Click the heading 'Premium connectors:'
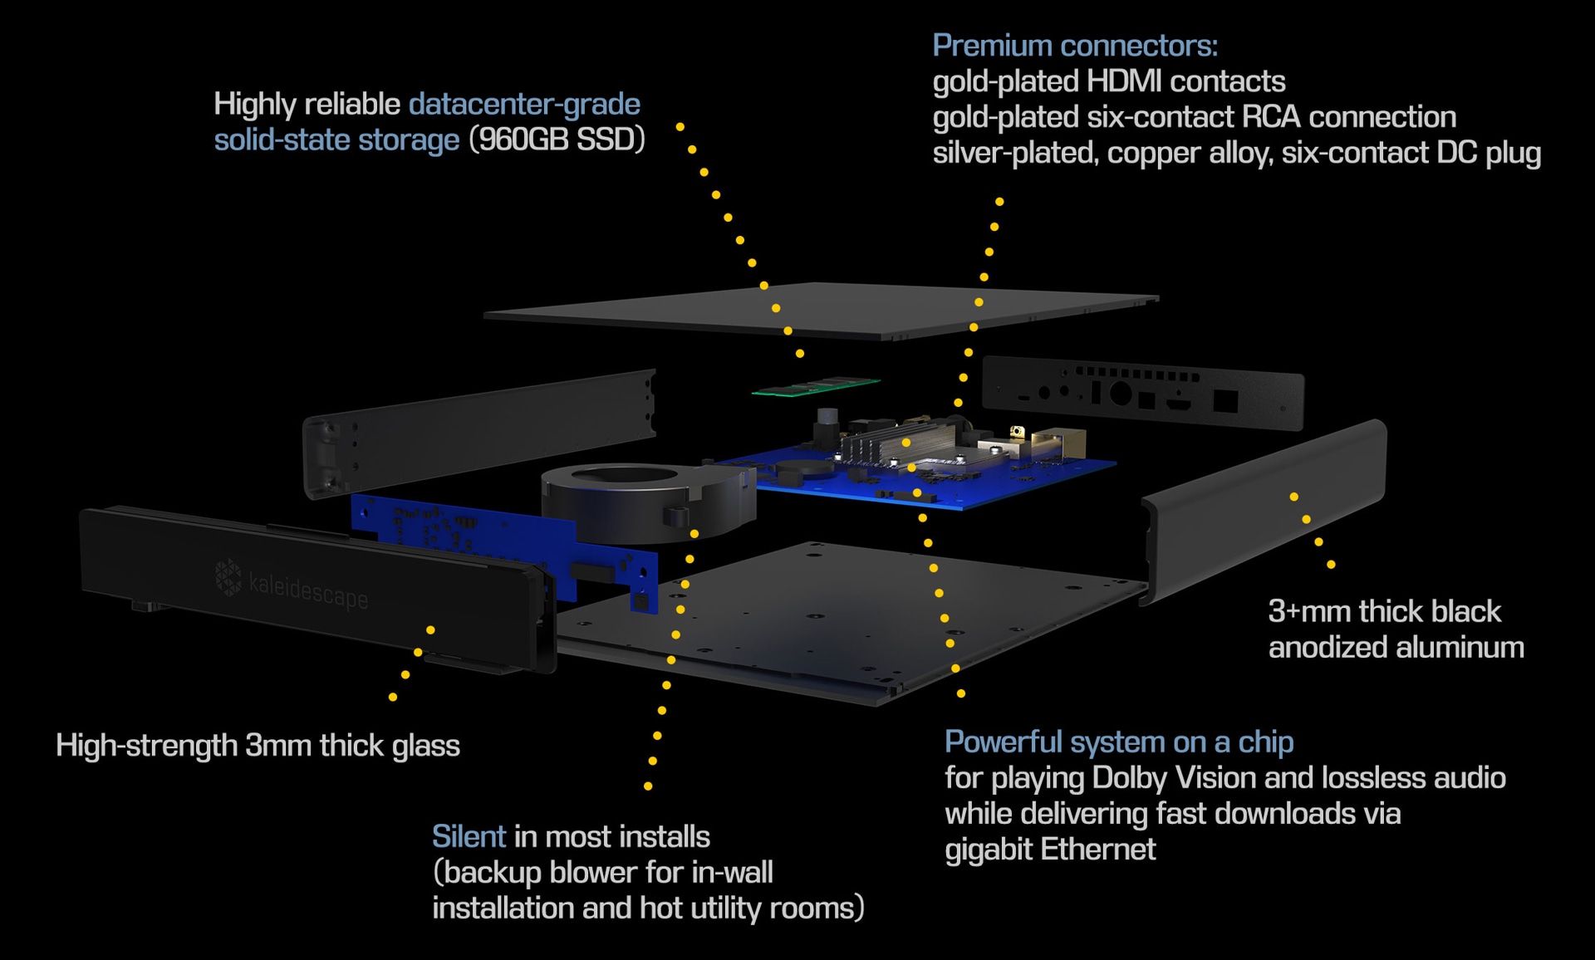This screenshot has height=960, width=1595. click(1074, 46)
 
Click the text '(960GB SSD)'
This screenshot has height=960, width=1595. click(557, 140)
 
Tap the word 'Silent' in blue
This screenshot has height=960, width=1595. click(469, 836)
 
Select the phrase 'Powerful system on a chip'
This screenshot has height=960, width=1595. click(1118, 742)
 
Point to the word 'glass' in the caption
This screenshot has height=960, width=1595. click(425, 746)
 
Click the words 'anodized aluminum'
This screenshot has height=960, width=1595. click(1396, 647)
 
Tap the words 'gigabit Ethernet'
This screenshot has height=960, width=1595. click(1050, 850)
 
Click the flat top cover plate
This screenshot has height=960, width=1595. click(822, 309)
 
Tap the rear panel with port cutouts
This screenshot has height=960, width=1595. click(1142, 393)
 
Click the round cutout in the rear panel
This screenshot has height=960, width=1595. click(1120, 392)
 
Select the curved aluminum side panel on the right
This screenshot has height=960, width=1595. click(1263, 507)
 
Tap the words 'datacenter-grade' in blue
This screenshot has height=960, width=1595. click(524, 104)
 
